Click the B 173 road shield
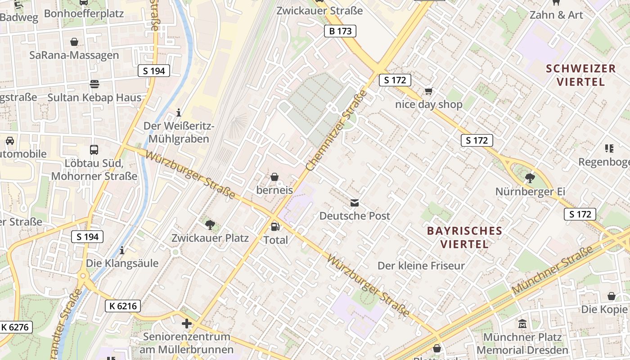pos(340,31)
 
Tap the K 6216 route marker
pos(122,306)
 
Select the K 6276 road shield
pos(16,327)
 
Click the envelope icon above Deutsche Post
pos(355,203)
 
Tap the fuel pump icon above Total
pos(275,227)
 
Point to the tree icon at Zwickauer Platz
pos(210,225)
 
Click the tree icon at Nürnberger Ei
pos(530,178)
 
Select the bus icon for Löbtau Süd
pos(94,150)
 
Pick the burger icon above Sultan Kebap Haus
pos(94,84)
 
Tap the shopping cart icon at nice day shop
pos(428,91)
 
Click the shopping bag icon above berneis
pos(274,177)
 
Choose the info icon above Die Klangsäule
pos(122,250)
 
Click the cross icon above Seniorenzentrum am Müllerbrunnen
pos(186,324)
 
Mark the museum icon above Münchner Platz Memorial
pos(522,324)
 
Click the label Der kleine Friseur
pos(421,265)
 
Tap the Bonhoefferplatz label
pos(84,13)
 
